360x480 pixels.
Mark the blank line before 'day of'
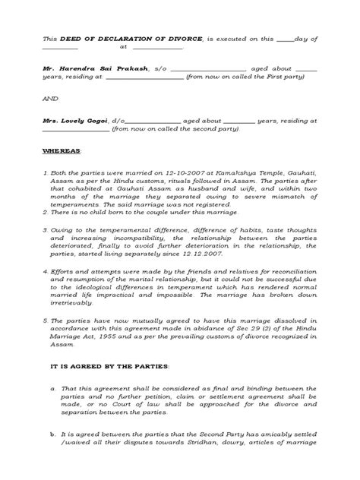coord(283,37)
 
